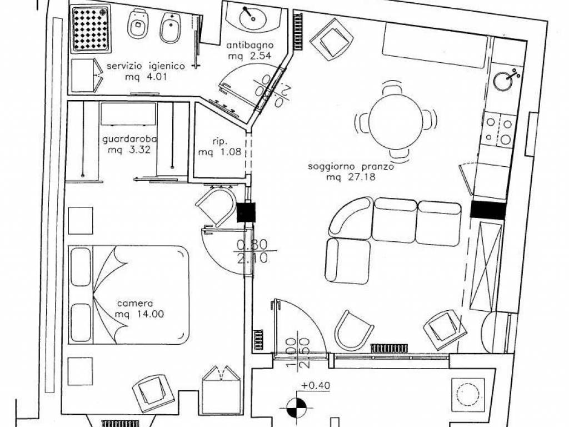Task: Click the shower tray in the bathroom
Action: click(x=91, y=29)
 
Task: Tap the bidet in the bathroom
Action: click(x=169, y=28)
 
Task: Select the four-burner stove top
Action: click(x=499, y=129)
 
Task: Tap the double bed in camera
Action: click(x=129, y=295)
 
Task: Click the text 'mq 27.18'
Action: click(x=351, y=177)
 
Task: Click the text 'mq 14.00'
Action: click(x=139, y=314)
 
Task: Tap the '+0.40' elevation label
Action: click(x=316, y=385)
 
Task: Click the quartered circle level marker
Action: click(x=296, y=408)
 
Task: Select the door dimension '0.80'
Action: click(x=252, y=245)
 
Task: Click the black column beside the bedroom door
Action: click(x=246, y=212)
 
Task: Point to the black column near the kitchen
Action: click(x=488, y=211)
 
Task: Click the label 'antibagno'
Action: click(x=250, y=46)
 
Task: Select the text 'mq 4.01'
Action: click(x=146, y=77)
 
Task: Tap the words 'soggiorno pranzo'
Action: click(x=351, y=167)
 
